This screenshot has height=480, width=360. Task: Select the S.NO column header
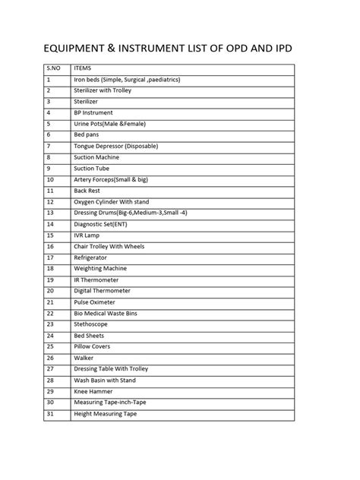tap(53, 68)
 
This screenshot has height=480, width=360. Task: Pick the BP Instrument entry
tap(93, 112)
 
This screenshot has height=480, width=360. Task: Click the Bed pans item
tap(87, 134)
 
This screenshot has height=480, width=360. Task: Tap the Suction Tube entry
tap(92, 168)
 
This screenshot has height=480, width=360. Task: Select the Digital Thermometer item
tap(102, 290)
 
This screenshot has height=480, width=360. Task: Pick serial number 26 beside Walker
tap(50, 357)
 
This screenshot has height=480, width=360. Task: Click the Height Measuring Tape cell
tap(106, 413)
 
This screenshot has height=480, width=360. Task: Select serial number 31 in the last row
tap(50, 413)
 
